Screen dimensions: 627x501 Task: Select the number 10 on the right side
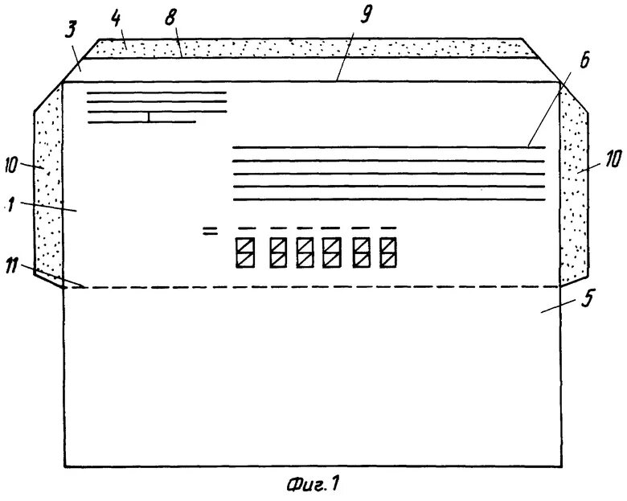(x=613, y=160)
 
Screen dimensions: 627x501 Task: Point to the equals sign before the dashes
(x=209, y=231)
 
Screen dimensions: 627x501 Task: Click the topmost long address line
(x=387, y=148)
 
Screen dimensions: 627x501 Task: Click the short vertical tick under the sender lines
(x=149, y=117)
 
